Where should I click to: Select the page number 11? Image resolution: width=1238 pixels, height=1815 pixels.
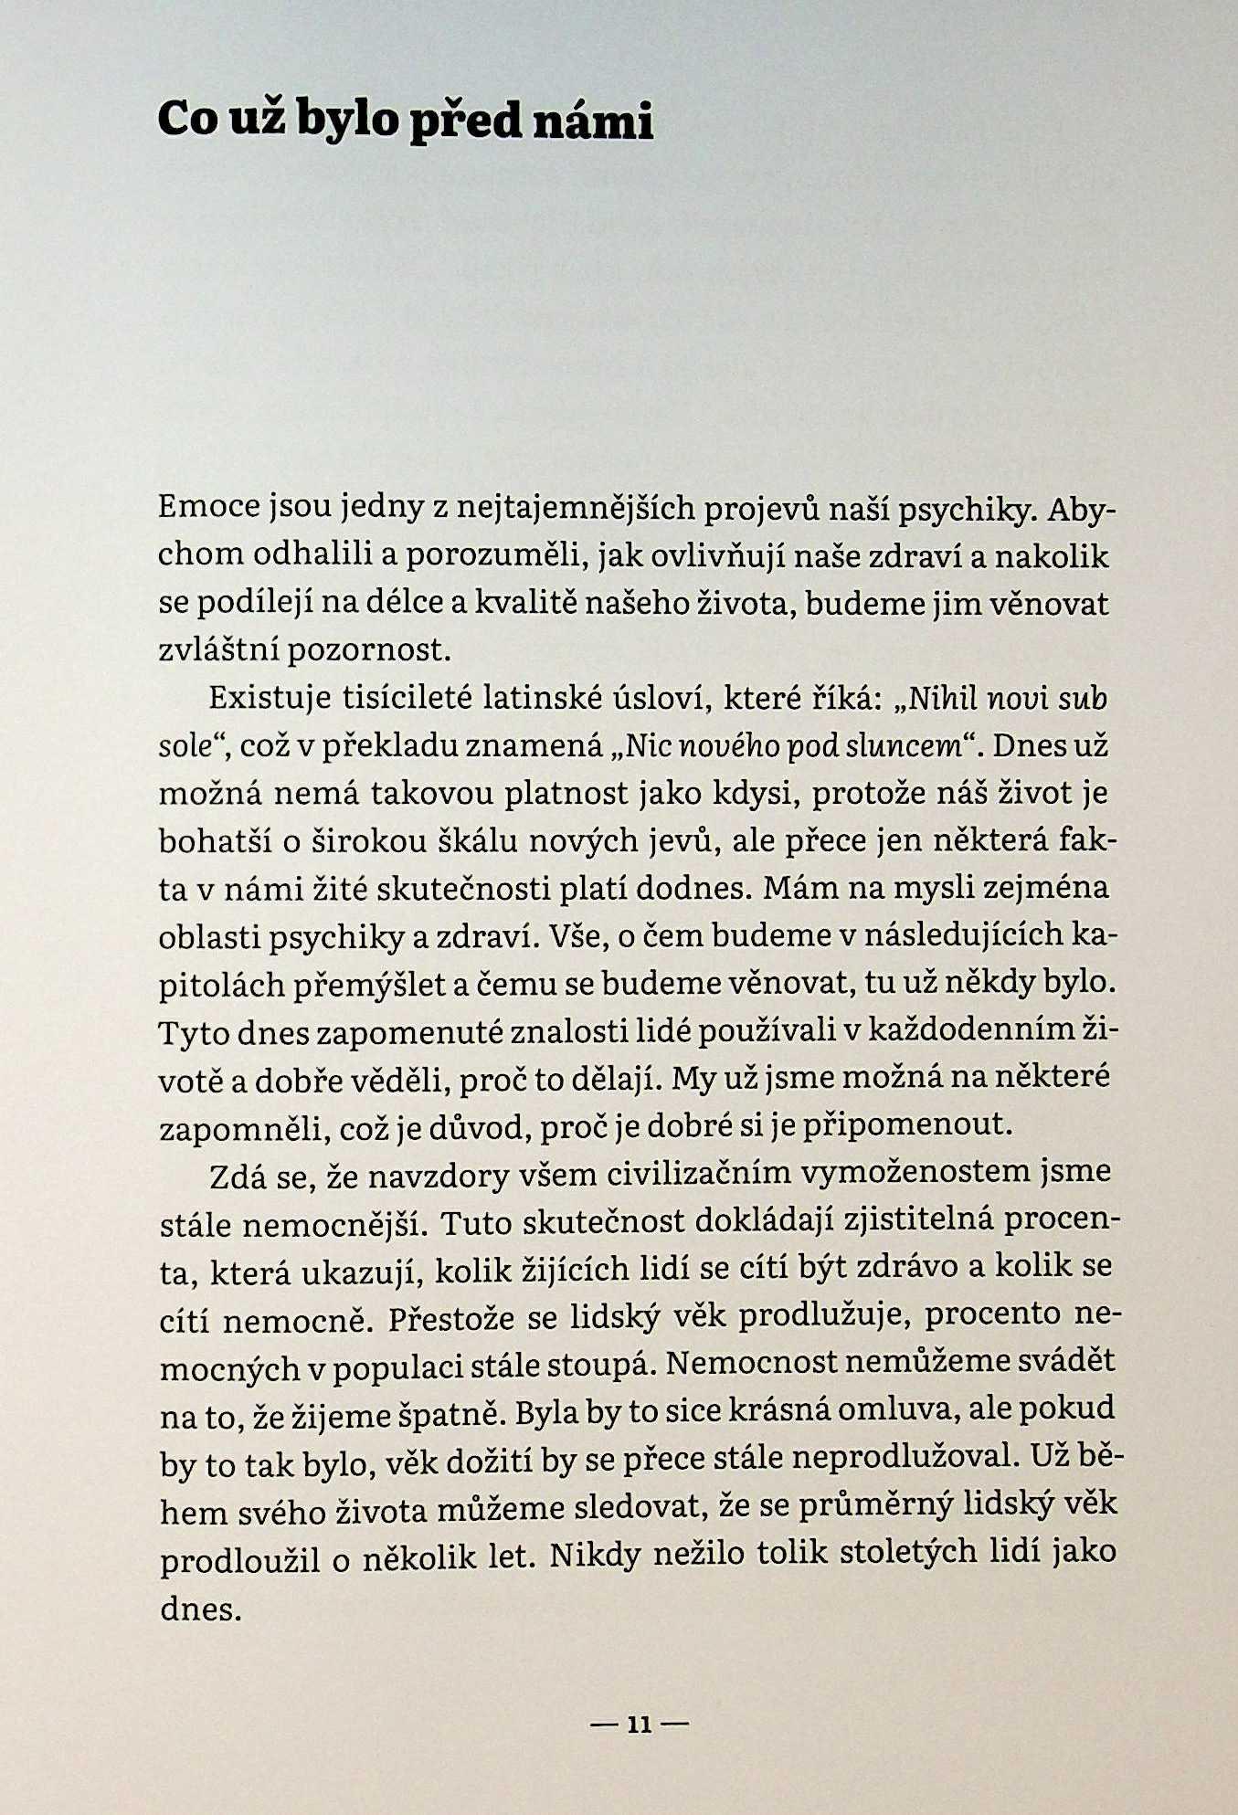pos(640,1725)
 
